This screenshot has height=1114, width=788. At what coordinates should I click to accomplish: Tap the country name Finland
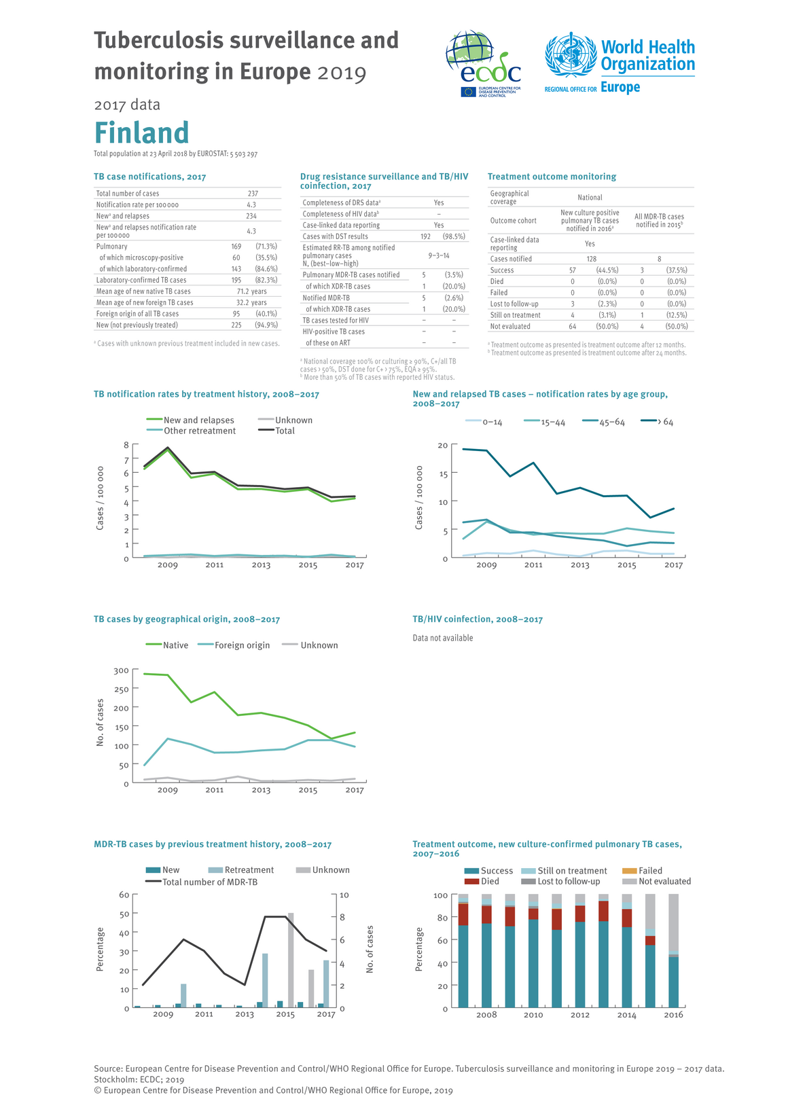tap(141, 133)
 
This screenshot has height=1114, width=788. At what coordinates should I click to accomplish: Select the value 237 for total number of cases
tap(253, 194)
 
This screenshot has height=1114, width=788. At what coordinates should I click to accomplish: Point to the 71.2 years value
tap(251, 291)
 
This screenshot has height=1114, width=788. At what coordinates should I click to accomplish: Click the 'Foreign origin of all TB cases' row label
tap(137, 314)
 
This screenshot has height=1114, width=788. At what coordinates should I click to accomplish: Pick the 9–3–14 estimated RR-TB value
tap(439, 255)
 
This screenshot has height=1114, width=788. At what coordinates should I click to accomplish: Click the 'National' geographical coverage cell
tap(590, 198)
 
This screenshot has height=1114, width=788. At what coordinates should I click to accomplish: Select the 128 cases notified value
tap(592, 259)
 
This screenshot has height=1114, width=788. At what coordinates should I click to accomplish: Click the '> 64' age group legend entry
tap(658, 423)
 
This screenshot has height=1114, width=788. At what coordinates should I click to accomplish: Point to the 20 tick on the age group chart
tap(443, 446)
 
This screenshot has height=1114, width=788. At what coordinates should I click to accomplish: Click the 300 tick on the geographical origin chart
tap(121, 671)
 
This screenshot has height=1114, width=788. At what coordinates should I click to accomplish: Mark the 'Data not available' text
tap(443, 638)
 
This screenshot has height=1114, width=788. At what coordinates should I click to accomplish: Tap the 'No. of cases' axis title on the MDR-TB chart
tap(370, 949)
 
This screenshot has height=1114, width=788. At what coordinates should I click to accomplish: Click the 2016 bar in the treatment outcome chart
tap(673, 951)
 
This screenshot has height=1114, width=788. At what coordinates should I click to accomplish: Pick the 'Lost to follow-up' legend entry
tap(569, 882)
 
